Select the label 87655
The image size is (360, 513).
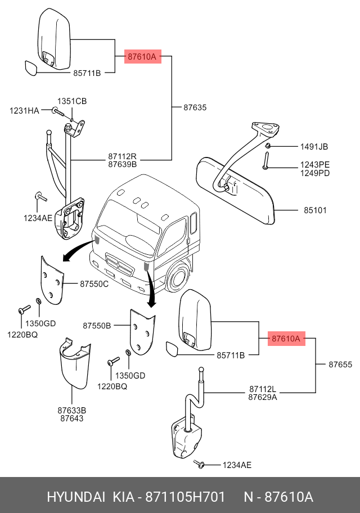pos(340,364)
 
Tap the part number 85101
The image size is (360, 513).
pos(316,210)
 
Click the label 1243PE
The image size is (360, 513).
pos(314,164)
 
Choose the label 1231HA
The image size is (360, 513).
pos(24,111)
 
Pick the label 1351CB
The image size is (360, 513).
pos(73,101)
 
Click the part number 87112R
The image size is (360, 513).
pos(122,156)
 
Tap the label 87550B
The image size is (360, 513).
pos(97,325)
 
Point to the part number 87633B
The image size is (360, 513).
pos(71,410)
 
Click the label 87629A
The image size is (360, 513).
pos(263,397)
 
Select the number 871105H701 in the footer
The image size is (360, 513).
pos(186,497)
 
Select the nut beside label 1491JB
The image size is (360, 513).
pos(268,147)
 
